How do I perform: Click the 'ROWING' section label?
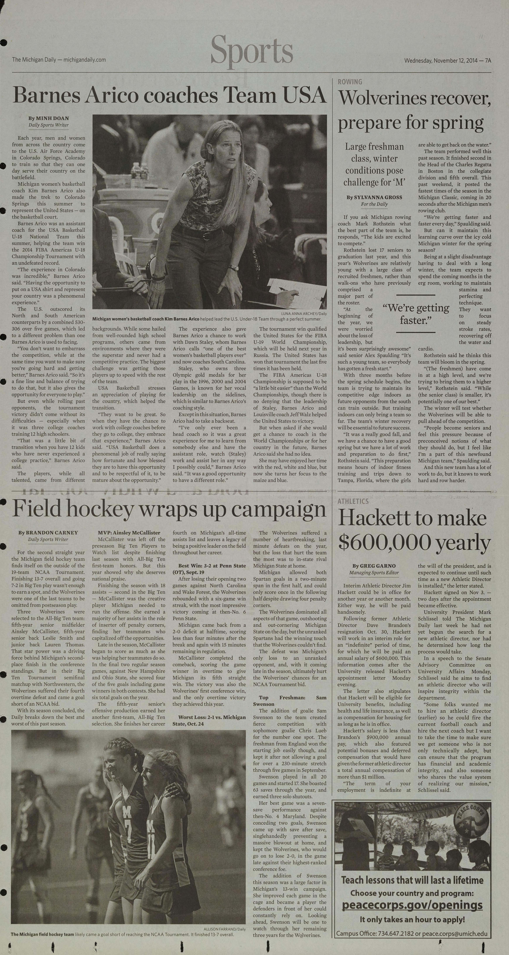pyautogui.click(x=350, y=82)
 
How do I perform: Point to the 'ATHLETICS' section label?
pyautogui.click(x=353, y=501)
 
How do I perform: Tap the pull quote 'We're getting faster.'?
pyautogui.click(x=416, y=314)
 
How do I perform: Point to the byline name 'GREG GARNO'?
pyautogui.click(x=377, y=566)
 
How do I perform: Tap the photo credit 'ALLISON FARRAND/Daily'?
pyautogui.click(x=224, y=929)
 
